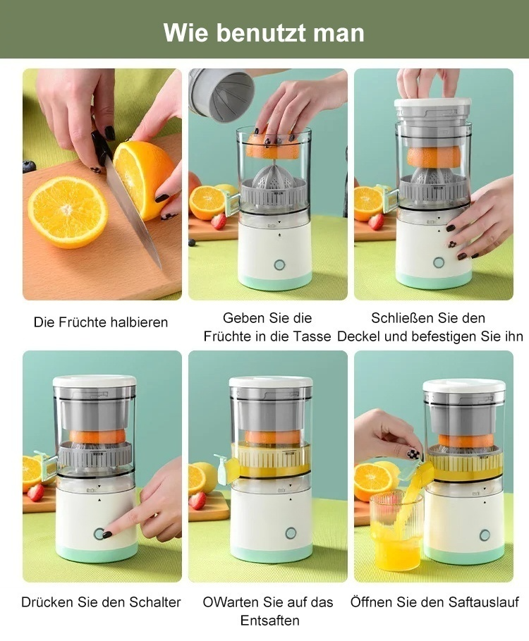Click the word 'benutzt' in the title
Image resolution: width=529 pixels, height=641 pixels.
coord(261,32)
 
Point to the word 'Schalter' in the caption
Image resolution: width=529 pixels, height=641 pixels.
coord(155,602)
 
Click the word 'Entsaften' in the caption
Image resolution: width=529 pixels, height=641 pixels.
coord(270,621)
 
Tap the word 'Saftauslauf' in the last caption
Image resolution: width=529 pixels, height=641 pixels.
coord(483,602)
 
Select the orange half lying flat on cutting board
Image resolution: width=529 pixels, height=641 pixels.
coord(68,212)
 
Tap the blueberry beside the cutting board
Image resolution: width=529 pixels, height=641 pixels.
coord(29,166)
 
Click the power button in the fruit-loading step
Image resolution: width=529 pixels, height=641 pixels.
coord(279,264)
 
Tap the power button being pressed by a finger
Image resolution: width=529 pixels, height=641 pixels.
coord(99,534)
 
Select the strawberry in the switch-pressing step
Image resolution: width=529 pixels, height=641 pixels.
coord(35,492)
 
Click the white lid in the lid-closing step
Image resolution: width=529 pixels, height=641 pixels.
coord(433,103)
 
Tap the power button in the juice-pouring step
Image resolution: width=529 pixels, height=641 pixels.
coord(485,535)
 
